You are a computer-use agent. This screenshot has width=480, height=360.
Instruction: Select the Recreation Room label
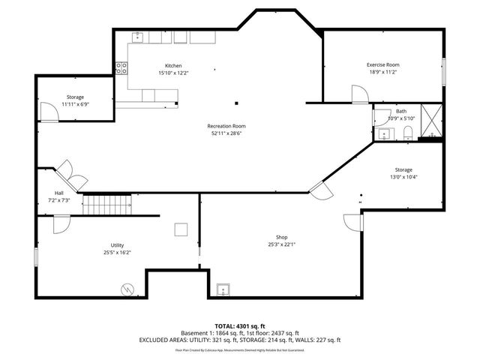point(226,126)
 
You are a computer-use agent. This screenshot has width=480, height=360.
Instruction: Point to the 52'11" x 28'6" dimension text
point(226,133)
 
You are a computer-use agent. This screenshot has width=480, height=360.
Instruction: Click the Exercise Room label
point(382,65)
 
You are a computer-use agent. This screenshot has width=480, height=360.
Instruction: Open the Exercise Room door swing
point(360,93)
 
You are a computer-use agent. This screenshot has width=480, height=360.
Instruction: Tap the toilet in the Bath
point(408,133)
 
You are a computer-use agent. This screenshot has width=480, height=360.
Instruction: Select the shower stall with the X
point(431,121)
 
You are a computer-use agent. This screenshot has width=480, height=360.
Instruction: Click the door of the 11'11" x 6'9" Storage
point(49,112)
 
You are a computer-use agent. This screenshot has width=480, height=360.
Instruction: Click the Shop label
point(281,236)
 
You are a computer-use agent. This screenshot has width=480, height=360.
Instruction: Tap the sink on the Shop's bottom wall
point(223,290)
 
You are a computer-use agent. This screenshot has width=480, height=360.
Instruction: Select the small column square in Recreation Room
point(236,103)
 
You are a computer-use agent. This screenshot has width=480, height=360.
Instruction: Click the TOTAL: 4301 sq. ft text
point(240,325)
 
